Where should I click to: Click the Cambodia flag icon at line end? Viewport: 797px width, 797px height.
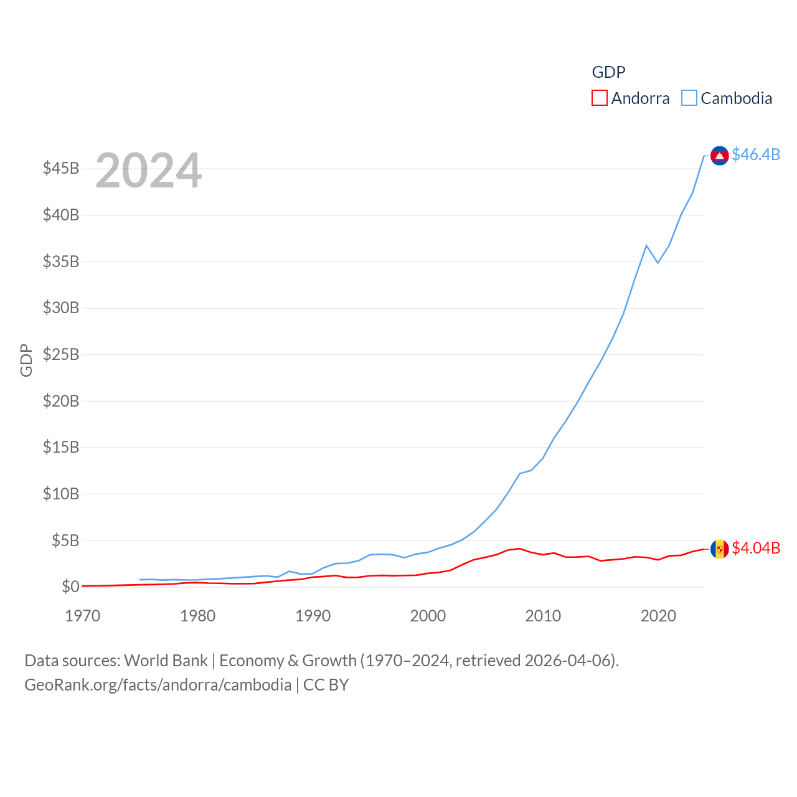coord(719,156)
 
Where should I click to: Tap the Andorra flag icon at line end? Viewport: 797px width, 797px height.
coord(719,549)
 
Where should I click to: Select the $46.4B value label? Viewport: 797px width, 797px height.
coord(756,154)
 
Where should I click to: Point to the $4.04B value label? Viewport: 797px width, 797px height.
coord(756,548)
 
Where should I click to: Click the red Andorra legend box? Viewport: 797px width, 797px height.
coord(599,98)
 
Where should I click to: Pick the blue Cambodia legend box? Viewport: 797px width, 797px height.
coord(689,98)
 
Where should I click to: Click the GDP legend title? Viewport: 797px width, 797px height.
coord(608,72)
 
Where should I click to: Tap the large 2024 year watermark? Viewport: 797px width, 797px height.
coord(148,170)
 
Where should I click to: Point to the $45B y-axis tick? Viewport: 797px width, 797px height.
coord(61,169)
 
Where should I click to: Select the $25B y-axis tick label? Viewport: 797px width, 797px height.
coord(61,355)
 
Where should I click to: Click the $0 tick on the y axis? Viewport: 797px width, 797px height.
coord(70,587)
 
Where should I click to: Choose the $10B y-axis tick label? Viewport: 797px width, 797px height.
coord(61,494)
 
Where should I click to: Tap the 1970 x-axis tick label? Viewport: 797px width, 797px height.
coord(83,616)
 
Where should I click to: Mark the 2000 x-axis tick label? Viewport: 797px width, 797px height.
coord(428,616)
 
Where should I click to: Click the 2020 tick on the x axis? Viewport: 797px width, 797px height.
coord(658,616)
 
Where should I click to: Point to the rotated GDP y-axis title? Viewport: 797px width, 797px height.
coord(26,360)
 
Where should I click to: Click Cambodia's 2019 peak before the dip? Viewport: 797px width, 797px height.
coord(646,245)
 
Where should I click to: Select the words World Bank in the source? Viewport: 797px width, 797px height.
coord(166,661)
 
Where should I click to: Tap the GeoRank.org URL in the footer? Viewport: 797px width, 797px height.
coord(158,685)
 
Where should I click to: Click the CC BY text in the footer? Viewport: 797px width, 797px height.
coord(326,685)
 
